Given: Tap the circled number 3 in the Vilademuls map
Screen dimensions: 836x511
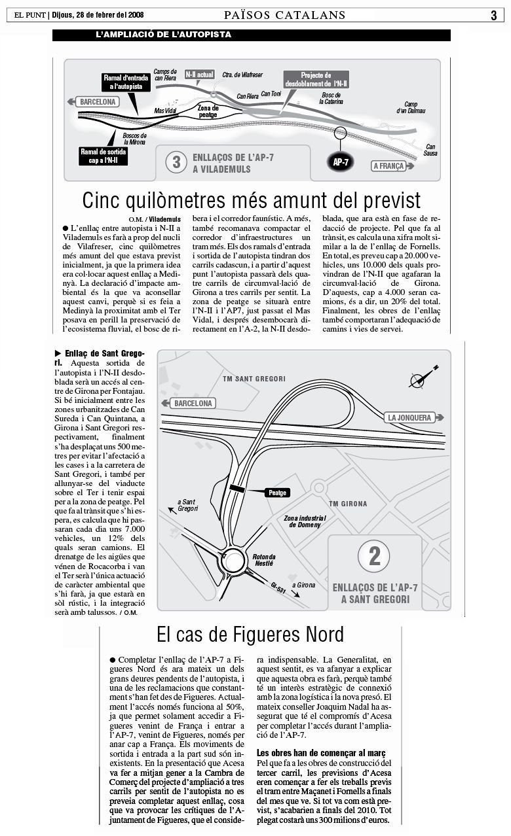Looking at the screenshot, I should click(x=176, y=162).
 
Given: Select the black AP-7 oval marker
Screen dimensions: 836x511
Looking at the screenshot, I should click(x=340, y=162).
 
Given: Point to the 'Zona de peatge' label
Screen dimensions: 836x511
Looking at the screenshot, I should click(x=208, y=111).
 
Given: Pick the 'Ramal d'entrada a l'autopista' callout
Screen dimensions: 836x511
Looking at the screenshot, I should click(x=126, y=82).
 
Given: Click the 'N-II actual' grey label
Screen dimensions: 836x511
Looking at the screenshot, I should click(x=200, y=75).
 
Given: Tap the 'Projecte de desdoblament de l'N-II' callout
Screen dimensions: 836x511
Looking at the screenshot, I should click(x=316, y=80).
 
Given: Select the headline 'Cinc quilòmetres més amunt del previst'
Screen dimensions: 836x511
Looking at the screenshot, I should click(x=252, y=200).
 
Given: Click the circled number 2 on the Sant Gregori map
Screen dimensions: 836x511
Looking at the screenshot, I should click(x=374, y=557).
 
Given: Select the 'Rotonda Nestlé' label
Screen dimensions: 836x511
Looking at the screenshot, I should click(x=263, y=559).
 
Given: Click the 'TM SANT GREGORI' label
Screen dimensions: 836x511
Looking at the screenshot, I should click(x=254, y=379).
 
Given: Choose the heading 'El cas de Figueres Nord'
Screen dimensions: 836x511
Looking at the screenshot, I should click(x=250, y=634).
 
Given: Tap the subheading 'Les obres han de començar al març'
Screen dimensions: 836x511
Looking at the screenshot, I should click(x=320, y=753).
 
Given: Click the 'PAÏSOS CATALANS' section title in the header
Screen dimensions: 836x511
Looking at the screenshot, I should click(x=284, y=15).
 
